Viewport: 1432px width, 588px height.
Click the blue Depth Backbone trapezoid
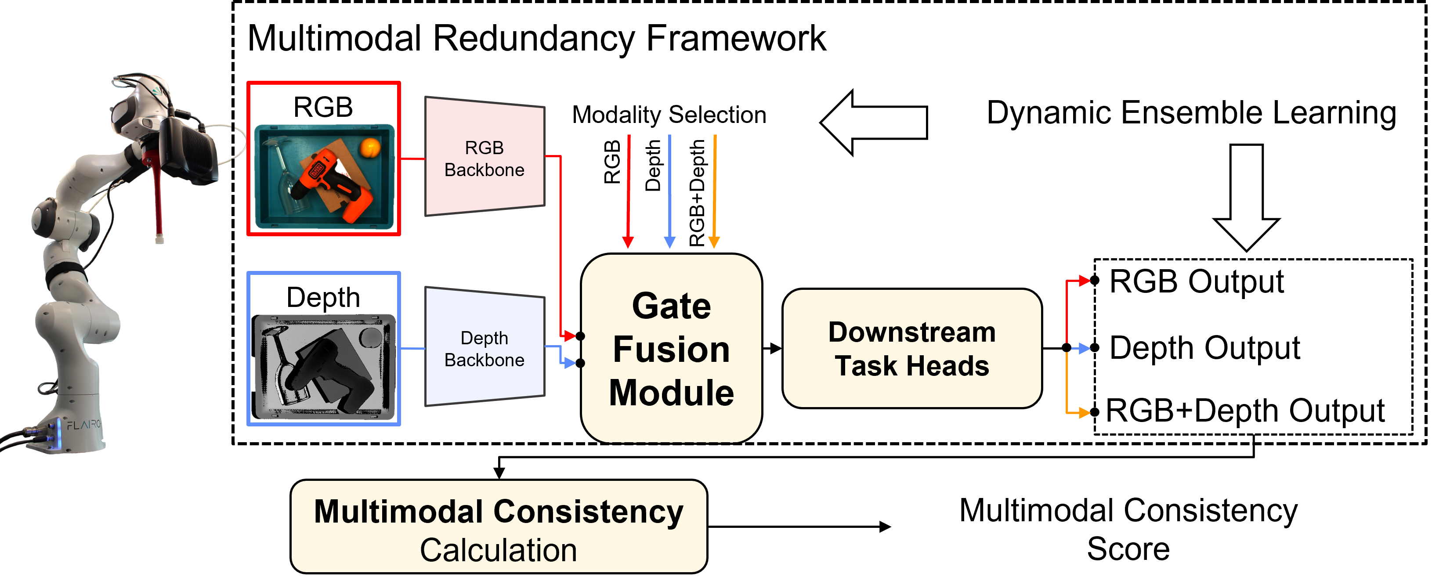click(x=484, y=348)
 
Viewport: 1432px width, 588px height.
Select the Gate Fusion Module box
click(x=671, y=349)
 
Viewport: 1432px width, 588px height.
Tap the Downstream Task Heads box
click(x=911, y=349)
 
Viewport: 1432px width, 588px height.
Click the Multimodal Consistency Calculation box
click(x=499, y=527)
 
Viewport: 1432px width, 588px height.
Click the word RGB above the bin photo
click(x=323, y=107)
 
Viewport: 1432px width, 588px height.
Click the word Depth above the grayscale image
click(x=323, y=297)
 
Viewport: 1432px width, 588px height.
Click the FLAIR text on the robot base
click(x=83, y=425)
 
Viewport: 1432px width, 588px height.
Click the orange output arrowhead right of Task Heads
click(x=1084, y=413)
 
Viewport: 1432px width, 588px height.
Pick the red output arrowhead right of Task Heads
click(x=1084, y=281)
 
